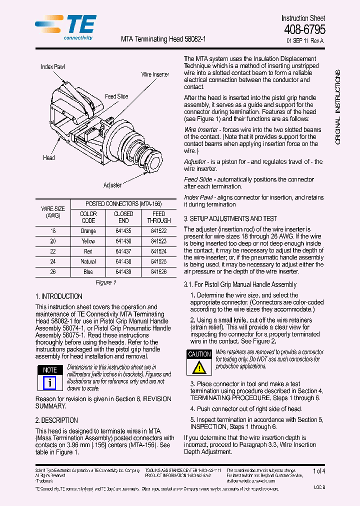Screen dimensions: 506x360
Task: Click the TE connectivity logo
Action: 66,27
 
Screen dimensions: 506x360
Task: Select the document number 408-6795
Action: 304,30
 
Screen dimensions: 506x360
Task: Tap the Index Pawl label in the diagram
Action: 52,66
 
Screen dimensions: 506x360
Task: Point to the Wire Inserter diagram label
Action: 155,74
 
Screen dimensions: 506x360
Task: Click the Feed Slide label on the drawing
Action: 116,96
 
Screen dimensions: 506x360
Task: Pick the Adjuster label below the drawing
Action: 112,185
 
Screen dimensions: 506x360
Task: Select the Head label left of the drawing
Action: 49,158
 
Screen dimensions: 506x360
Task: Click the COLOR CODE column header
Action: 88,217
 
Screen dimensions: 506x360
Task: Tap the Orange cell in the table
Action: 88,231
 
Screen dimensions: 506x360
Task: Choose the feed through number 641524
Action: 159,251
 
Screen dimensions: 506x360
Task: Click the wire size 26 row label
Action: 53,272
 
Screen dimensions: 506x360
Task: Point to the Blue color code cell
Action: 88,272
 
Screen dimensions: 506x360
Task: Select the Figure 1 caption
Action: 105,282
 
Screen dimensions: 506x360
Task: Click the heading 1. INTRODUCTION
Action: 58,296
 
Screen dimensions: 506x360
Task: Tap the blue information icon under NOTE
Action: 49,383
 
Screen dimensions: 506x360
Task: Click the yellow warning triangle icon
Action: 199,367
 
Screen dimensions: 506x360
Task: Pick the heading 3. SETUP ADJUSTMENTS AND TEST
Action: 230,218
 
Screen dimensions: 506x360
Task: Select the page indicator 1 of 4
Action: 318,471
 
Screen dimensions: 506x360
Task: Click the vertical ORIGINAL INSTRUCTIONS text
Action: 338,107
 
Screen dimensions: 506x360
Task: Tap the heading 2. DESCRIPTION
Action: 56,420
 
